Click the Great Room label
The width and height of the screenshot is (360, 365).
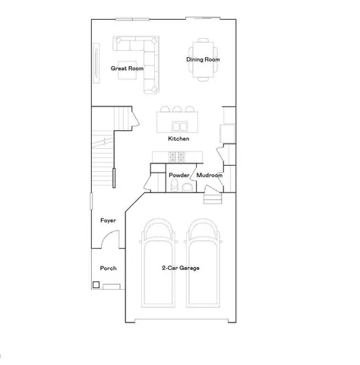(x=127, y=68)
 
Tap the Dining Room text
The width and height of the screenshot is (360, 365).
(x=203, y=59)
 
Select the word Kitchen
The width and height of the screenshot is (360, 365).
(x=178, y=139)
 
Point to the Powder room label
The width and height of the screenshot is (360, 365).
(x=179, y=176)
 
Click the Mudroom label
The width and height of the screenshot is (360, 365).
(x=210, y=176)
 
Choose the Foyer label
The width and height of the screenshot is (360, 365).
(x=108, y=221)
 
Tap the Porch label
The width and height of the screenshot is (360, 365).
(x=108, y=268)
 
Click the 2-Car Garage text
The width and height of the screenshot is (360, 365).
(x=180, y=268)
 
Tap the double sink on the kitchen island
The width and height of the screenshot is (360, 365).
(x=180, y=126)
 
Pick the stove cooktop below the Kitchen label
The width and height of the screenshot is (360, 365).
(x=177, y=157)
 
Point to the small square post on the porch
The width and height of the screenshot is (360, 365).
(x=96, y=285)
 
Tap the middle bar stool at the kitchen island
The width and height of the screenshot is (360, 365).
(x=177, y=109)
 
